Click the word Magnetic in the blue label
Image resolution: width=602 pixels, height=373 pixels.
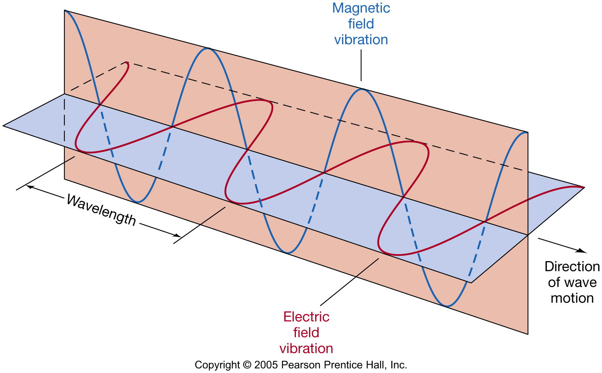point(361,8)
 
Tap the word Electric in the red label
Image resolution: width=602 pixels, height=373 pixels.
point(306,317)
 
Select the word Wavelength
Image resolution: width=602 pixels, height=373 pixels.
point(101,210)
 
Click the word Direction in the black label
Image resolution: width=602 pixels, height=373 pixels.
point(572,267)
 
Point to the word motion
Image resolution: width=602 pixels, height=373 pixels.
point(572,298)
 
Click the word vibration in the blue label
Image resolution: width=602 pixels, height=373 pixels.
point(361,40)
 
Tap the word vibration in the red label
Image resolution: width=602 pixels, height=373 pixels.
point(306,348)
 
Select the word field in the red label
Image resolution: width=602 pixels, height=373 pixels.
point(306,333)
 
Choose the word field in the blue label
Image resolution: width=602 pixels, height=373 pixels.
point(361,24)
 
